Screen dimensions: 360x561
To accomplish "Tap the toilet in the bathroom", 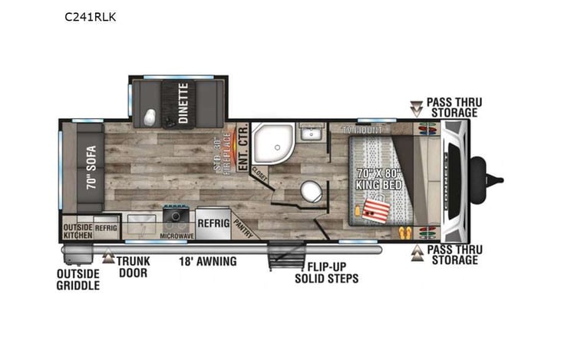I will tap(311, 190).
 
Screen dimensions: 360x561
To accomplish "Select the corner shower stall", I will tap(270, 141).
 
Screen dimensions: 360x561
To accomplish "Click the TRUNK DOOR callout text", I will tap(134, 266).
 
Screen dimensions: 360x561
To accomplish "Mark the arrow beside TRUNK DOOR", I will tap(108, 258).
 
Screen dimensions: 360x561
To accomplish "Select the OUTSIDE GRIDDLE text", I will tap(78, 279).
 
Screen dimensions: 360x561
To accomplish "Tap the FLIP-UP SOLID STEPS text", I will tap(326, 272).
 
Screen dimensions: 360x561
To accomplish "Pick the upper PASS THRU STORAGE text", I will tap(452, 107).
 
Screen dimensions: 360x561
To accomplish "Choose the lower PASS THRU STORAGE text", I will tap(452, 255).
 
